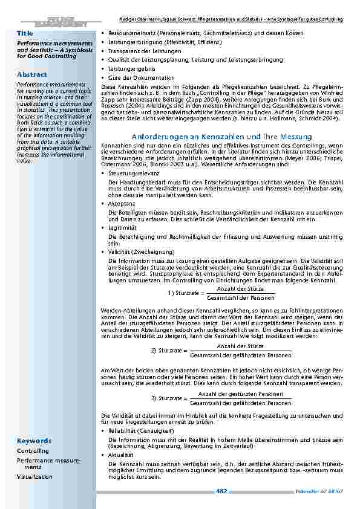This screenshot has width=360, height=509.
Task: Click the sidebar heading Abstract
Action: pos(31,74)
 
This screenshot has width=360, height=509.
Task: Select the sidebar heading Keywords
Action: pos(34,441)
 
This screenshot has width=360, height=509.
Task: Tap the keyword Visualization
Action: pos(34,476)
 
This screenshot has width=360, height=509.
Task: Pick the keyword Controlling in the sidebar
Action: pos(33,451)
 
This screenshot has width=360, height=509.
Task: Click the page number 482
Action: pos(221,491)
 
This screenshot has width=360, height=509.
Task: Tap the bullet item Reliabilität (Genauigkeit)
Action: pos(137,431)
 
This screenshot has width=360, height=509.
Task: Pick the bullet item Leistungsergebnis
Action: pos(130,70)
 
